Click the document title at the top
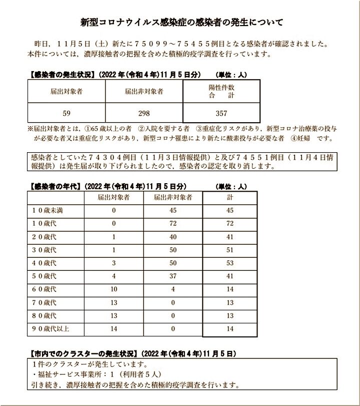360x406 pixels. coord(181,23)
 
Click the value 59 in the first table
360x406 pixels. coord(66,113)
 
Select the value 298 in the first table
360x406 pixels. coord(144,113)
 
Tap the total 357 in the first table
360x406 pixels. coord(214,113)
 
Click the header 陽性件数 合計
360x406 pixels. coord(214,91)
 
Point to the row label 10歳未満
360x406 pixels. coord(48,211)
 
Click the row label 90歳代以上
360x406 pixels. coord(51,329)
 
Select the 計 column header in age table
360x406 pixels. coord(230,198)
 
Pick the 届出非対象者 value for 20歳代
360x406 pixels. coord(173,237)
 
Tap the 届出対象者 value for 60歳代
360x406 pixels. coord(114,289)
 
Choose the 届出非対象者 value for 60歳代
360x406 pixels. coord(173,289)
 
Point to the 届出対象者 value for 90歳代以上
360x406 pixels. coord(114,329)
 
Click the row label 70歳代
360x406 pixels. coord(44,303)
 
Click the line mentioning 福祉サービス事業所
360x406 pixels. coord(90,374)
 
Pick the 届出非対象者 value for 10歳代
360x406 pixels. coord(173,224)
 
